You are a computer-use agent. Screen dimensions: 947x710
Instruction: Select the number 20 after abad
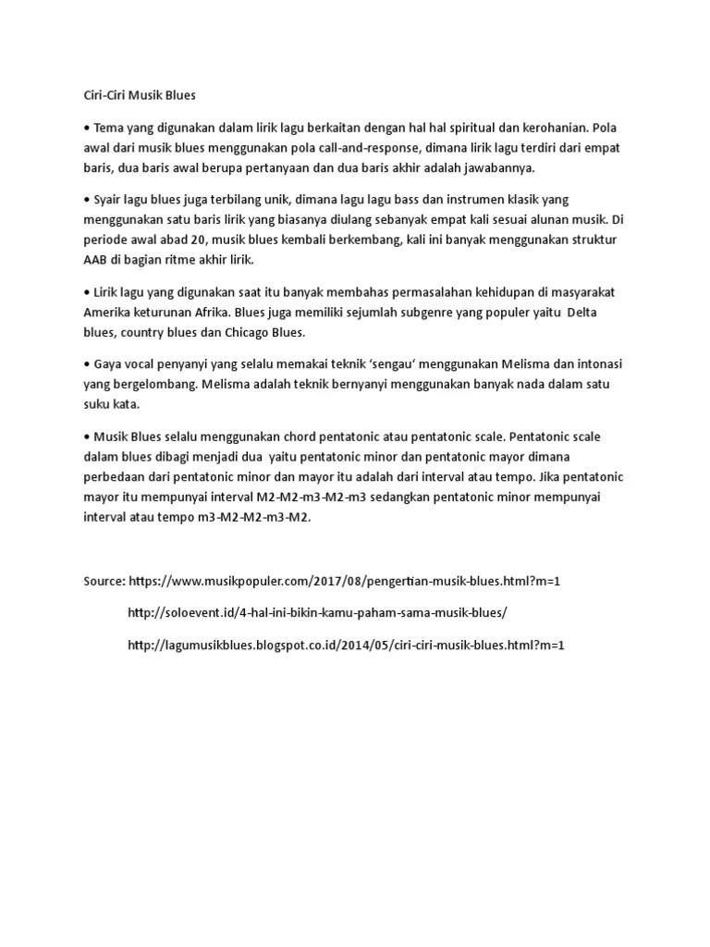point(212,240)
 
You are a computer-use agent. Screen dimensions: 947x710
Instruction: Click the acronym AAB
point(95,261)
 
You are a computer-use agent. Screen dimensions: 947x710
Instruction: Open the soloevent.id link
point(317,612)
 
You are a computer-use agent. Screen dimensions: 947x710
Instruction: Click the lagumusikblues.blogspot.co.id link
point(345,644)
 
